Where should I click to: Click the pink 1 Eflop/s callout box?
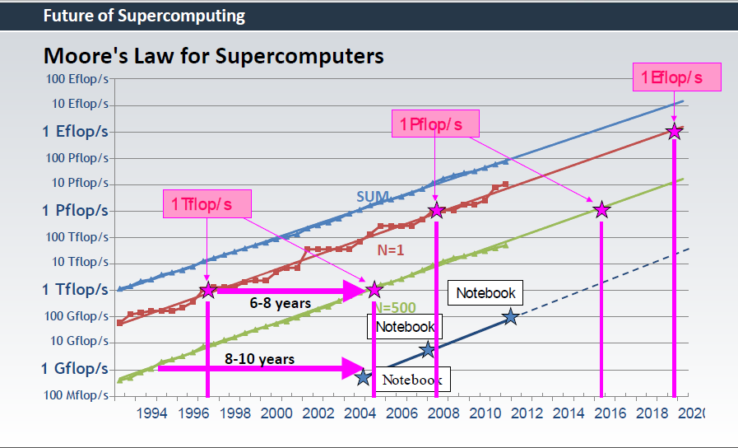[x=677, y=77]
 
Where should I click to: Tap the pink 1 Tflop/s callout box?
[x=207, y=203]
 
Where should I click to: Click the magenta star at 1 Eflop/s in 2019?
[x=675, y=132]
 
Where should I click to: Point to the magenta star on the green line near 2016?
[x=601, y=210]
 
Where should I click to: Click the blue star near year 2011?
[x=510, y=316]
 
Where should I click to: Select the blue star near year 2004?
[x=364, y=377]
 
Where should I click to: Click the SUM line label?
[x=372, y=197]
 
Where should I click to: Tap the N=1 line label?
[x=390, y=250]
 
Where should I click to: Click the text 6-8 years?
[x=281, y=303]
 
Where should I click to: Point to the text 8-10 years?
[x=259, y=359]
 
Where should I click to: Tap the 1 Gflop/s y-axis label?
[x=75, y=368]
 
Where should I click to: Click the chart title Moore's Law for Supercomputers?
[x=213, y=56]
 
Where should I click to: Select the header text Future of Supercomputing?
[x=144, y=16]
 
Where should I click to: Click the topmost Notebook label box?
[x=485, y=292]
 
